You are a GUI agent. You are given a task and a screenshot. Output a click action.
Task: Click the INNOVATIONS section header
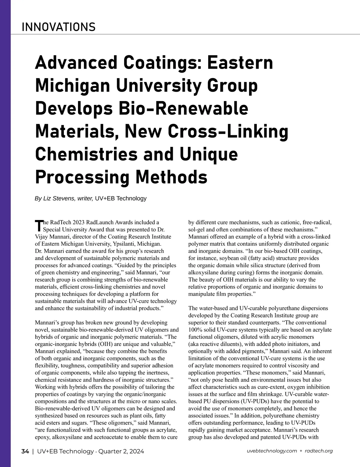point(58,27)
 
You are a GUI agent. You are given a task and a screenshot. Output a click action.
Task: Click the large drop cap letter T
point(39,225)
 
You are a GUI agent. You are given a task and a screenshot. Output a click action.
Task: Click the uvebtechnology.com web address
point(271,451)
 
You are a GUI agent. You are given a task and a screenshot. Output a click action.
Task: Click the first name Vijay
point(42,237)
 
